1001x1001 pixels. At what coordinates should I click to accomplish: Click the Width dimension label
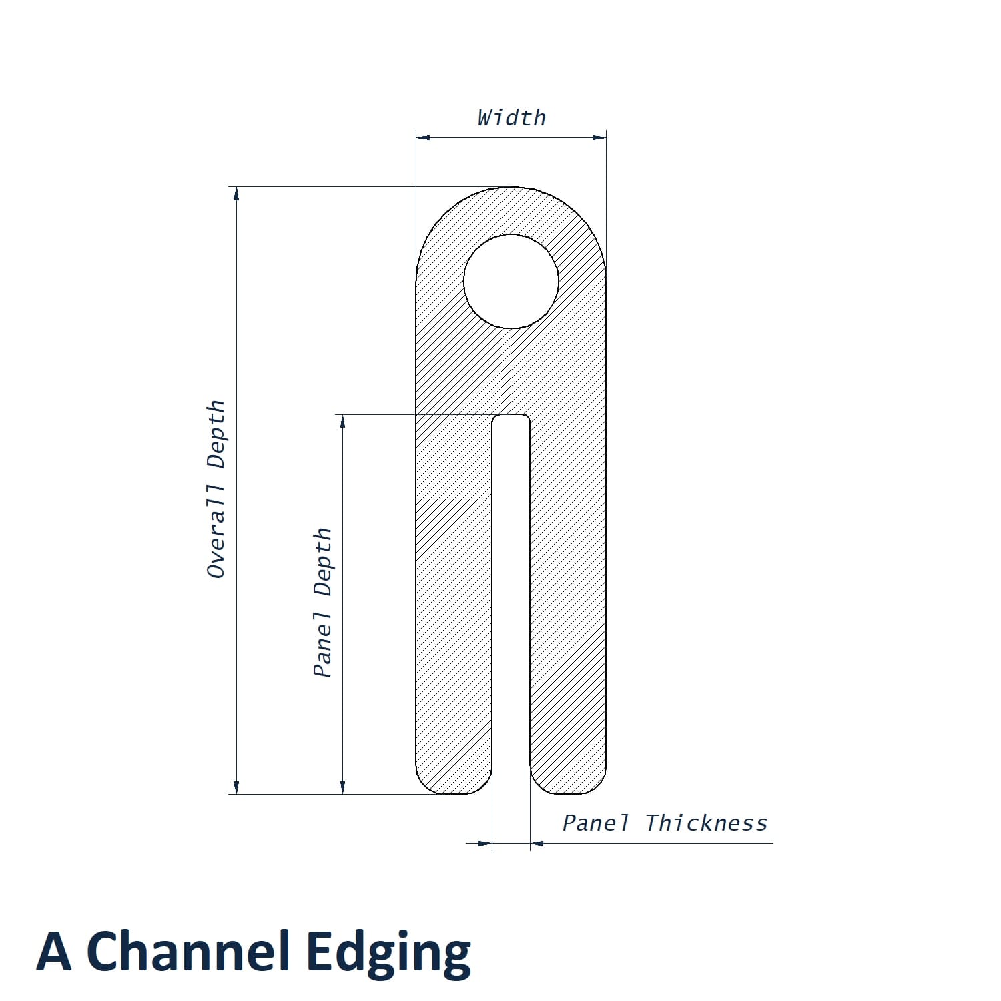[x=512, y=118]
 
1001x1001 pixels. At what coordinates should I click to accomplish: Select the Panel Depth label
[x=323, y=603]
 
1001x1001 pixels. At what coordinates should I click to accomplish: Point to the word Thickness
[x=707, y=823]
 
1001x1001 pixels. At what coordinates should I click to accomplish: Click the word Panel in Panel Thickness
[x=596, y=823]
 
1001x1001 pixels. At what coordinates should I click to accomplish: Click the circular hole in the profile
[x=511, y=281]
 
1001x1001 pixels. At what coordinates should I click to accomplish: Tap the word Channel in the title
[x=190, y=951]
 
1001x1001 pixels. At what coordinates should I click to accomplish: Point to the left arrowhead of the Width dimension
[x=423, y=138]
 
